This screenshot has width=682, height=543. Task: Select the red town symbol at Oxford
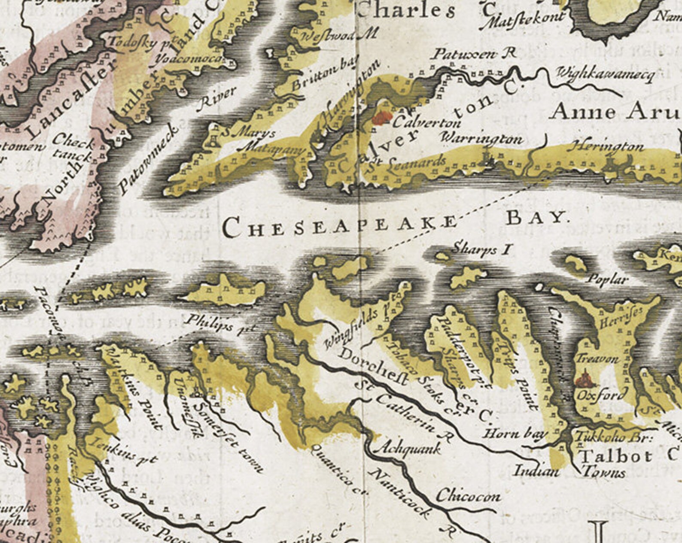(x=584, y=379)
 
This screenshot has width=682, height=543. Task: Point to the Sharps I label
(x=481, y=249)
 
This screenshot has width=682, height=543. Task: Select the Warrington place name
(x=482, y=139)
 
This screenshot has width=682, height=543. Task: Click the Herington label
(x=606, y=147)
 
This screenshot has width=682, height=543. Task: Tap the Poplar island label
(x=607, y=280)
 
